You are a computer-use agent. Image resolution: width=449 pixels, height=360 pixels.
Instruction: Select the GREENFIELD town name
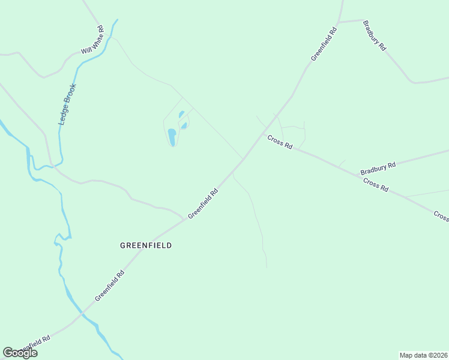pyautogui.click(x=146, y=245)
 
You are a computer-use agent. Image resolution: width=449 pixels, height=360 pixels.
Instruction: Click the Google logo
pyautogui.click(x=20, y=353)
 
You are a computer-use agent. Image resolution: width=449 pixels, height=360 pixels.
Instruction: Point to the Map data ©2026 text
pyautogui.click(x=423, y=355)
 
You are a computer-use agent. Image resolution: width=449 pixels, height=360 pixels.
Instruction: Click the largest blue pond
pyautogui.click(x=172, y=137)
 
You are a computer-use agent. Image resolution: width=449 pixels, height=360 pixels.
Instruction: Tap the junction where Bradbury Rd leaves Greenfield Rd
pyautogui.click(x=339, y=23)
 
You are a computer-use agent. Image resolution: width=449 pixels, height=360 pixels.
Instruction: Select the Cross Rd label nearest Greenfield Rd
pyautogui.click(x=280, y=142)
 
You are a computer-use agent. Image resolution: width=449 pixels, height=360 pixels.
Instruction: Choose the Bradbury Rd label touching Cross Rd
pyautogui.click(x=378, y=168)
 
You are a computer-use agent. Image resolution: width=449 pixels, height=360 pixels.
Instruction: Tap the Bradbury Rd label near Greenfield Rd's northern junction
pyautogui.click(x=374, y=36)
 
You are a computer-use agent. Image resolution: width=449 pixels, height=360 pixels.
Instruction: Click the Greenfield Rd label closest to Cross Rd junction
pyautogui.click(x=203, y=204)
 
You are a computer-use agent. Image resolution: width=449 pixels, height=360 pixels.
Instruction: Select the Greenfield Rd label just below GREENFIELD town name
pyautogui.click(x=109, y=285)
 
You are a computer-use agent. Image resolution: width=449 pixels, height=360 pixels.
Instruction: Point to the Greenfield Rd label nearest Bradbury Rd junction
pyautogui.click(x=324, y=43)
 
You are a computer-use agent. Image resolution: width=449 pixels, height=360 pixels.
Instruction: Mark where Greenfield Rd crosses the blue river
pyautogui.click(x=83, y=313)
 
